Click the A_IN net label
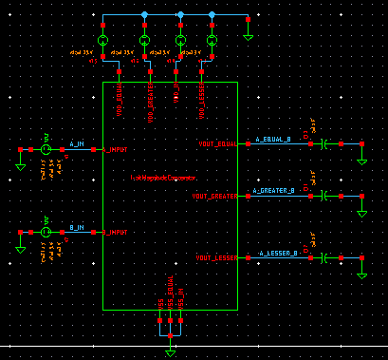click(77, 145)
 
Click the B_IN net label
click(77, 228)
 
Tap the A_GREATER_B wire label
click(275, 191)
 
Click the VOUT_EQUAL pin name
click(216, 143)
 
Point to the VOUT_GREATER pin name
click(214, 196)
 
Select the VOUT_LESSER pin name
click(215, 258)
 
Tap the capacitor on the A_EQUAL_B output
click(324, 143)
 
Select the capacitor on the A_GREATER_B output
click(324, 196)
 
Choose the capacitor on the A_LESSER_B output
click(324, 258)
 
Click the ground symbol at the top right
click(247, 36)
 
